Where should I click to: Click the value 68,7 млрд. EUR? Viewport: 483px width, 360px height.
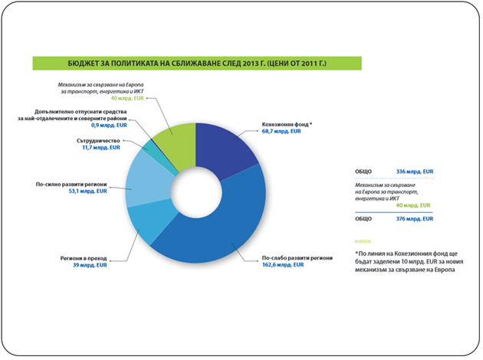pyautogui.click(x=281, y=132)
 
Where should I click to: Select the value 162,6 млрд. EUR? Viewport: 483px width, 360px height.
pyautogui.click(x=283, y=265)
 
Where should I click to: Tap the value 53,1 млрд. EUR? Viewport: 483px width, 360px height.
pyautogui.click(x=88, y=191)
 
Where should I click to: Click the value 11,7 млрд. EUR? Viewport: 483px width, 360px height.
pyautogui.click(x=101, y=148)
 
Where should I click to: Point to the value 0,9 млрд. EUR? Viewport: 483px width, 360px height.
pyautogui.click(x=109, y=126)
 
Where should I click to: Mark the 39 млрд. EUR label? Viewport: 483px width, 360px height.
pyautogui.click(x=90, y=265)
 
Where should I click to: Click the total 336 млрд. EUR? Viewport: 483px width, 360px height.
pyautogui.click(x=415, y=172)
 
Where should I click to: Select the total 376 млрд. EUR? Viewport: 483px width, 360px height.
pyautogui.click(x=415, y=219)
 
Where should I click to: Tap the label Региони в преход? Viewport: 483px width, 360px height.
pyautogui.click(x=84, y=258)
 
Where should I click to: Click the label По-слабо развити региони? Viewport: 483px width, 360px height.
pyautogui.click(x=297, y=258)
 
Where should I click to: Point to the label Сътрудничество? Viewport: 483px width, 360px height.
pyautogui.click(x=98, y=141)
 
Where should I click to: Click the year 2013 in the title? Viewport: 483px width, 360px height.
pyautogui.click(x=250, y=64)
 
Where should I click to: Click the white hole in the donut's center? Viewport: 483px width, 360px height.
pyautogui.click(x=196, y=192)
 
